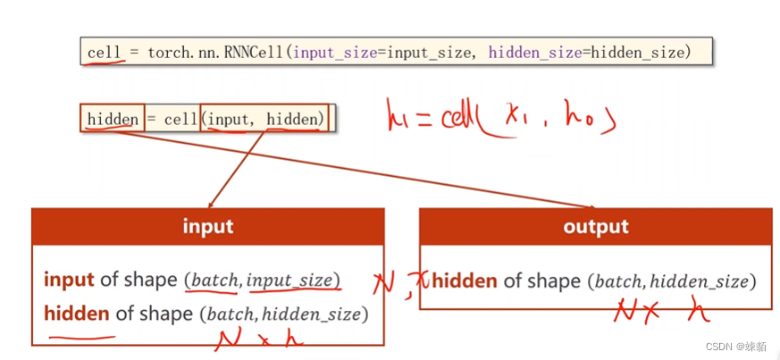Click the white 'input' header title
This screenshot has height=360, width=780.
click(x=207, y=226)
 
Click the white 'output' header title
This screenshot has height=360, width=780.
click(x=596, y=226)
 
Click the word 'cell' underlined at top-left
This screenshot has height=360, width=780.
click(x=104, y=53)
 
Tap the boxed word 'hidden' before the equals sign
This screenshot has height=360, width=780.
click(x=113, y=119)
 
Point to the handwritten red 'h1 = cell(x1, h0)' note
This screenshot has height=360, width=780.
click(x=500, y=117)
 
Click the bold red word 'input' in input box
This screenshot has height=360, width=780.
click(x=69, y=280)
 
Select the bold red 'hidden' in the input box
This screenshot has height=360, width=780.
click(x=76, y=314)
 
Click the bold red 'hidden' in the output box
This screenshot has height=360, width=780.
click(x=465, y=281)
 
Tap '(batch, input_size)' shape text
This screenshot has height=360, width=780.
click(x=263, y=280)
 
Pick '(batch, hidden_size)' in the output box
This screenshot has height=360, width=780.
click(x=672, y=281)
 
